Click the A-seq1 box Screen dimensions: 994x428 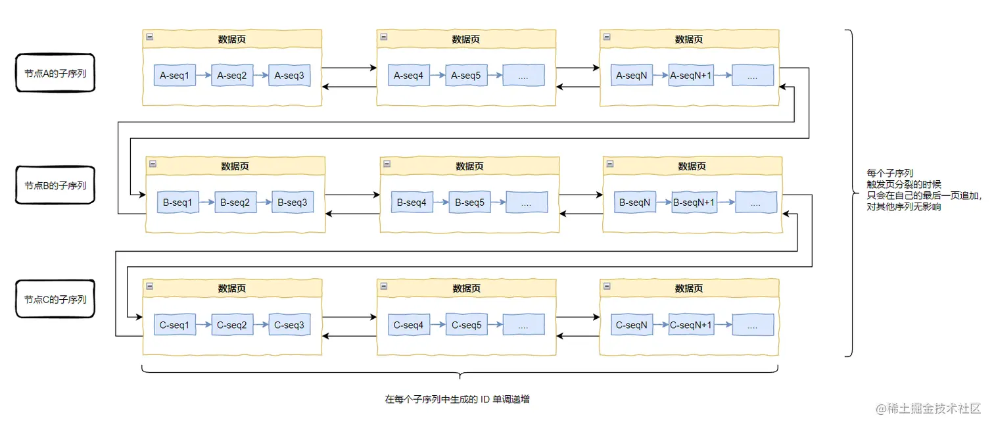[174, 76]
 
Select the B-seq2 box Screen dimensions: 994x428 [235, 202]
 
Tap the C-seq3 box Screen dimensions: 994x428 [289, 325]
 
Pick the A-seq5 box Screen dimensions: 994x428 [466, 76]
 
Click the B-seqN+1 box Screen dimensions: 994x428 [694, 202]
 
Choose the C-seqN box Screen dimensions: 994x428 [632, 325]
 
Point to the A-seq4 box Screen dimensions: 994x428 [409, 76]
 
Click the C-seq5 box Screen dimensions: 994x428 [466, 325]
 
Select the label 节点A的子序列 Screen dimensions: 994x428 [55, 74]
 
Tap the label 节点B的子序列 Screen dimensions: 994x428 [55, 185]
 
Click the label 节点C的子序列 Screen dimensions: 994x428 [55, 300]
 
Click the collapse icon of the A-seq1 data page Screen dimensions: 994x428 [150, 37]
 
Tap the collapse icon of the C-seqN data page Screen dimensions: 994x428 [607, 287]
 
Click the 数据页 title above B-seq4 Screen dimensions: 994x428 [469, 166]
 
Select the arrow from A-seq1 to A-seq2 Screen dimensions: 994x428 [204, 75]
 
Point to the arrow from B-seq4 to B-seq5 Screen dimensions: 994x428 [440, 202]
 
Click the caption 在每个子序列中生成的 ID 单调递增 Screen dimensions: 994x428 [457, 400]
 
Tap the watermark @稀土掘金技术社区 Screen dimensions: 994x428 [928, 408]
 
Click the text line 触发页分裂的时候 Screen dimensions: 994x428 [904, 184]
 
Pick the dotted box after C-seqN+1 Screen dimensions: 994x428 [753, 325]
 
